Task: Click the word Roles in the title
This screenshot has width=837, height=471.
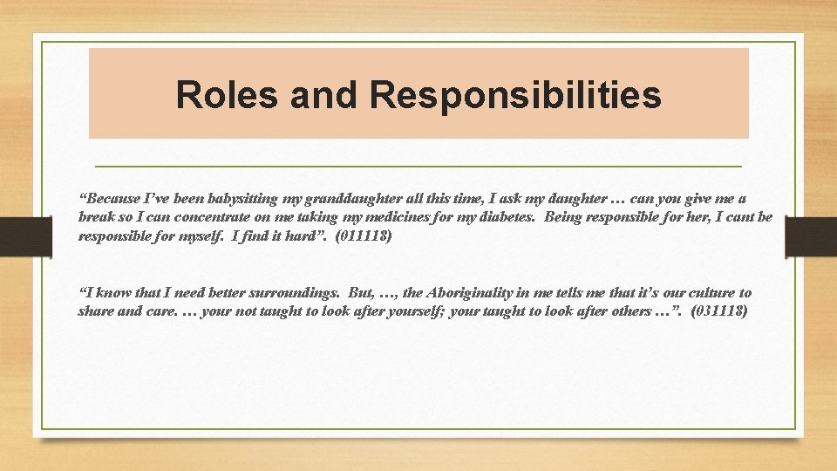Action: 228,95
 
